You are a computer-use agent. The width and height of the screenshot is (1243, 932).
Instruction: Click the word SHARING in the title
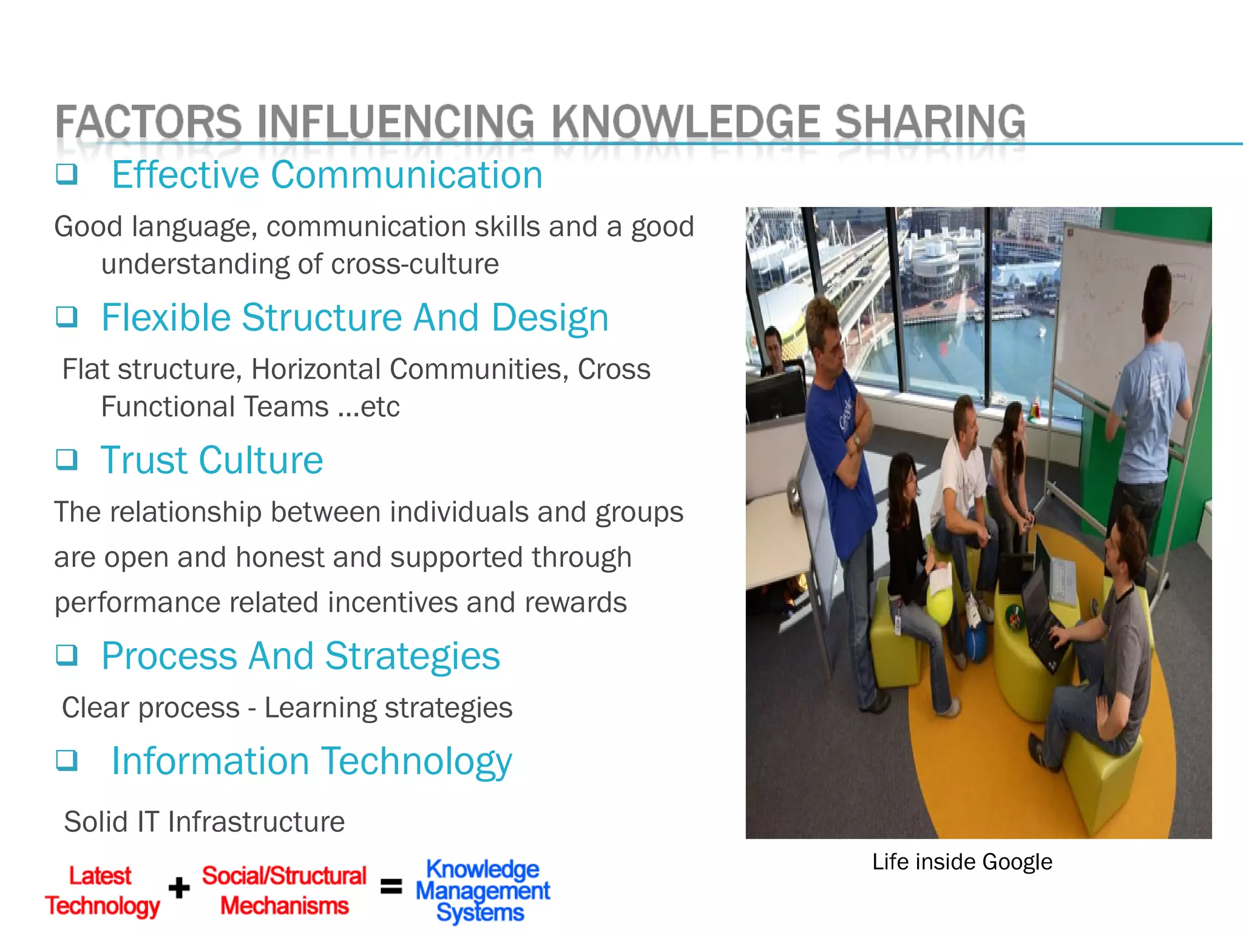930,121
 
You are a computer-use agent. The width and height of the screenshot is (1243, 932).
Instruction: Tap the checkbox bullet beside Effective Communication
67,174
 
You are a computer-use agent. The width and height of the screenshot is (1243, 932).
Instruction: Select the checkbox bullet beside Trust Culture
67,459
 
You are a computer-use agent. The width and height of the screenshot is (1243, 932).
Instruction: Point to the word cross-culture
415,264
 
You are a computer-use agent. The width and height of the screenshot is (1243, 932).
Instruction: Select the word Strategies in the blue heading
412,656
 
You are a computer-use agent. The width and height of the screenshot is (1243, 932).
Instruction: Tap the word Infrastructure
256,822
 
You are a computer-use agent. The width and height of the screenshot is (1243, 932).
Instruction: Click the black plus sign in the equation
179,888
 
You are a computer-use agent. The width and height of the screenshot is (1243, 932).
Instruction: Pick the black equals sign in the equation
391,886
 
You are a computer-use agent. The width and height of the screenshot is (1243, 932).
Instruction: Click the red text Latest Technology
102,891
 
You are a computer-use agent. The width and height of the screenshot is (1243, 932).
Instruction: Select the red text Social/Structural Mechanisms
284,891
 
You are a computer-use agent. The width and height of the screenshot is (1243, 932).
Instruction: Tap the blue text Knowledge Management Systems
483,891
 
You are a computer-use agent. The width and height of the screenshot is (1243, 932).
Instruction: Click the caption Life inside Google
962,862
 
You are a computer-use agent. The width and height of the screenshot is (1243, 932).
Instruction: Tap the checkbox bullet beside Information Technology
67,760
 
